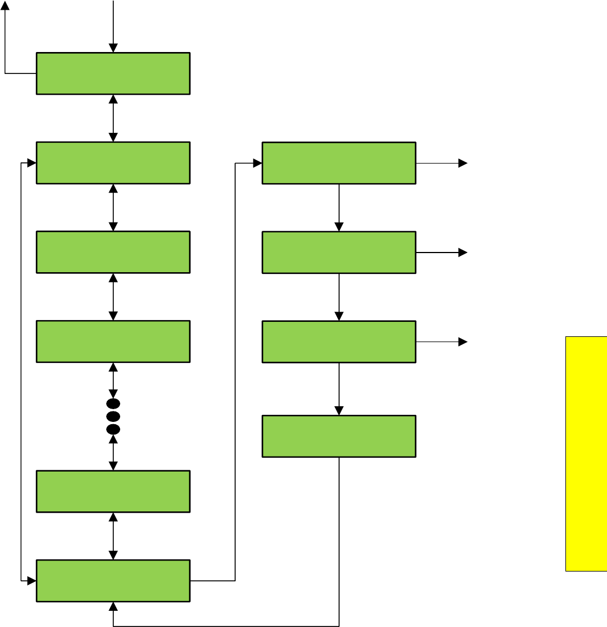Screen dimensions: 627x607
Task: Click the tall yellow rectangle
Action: point(586,454)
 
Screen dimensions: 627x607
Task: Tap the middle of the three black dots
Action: point(113,416)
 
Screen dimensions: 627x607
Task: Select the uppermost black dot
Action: point(113,403)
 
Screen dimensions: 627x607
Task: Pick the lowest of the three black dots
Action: point(113,429)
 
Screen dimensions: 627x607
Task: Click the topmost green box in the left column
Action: point(113,73)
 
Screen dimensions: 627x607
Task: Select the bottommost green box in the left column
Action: point(113,580)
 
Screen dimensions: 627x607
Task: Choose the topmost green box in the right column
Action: point(338,163)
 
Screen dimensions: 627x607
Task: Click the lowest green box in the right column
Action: point(338,436)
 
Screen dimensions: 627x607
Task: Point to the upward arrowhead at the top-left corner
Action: point(5,5)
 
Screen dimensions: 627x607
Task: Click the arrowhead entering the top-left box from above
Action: point(113,48)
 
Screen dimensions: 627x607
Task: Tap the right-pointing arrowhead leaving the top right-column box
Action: point(463,163)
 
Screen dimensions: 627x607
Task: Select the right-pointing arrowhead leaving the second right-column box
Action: point(463,253)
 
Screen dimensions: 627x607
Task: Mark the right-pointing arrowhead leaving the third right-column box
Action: point(463,342)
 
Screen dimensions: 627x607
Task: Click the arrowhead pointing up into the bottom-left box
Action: point(113,606)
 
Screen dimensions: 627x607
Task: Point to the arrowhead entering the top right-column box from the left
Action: point(258,163)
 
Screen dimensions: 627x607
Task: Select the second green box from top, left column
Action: point(113,163)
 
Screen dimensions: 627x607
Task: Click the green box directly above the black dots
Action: point(113,342)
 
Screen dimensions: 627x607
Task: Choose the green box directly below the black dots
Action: point(113,491)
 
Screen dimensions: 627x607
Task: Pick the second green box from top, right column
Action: point(338,253)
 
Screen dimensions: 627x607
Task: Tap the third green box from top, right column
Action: point(338,342)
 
